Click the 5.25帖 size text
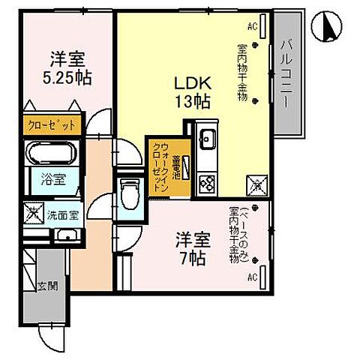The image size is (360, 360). click(x=67, y=76)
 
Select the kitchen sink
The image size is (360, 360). click(x=207, y=139)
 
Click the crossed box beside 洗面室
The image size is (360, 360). click(x=34, y=214)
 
